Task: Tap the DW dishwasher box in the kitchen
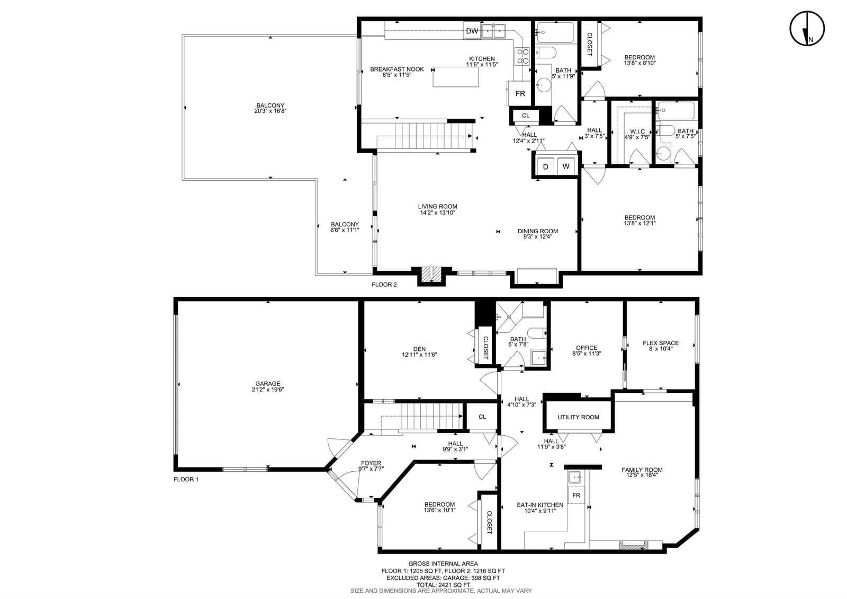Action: pos(472,31)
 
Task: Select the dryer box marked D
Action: pos(545,166)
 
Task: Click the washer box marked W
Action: pos(566,166)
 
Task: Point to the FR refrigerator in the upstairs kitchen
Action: pos(520,93)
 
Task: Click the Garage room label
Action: pos(268,384)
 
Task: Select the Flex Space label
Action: pos(661,343)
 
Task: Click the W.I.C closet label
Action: pos(637,132)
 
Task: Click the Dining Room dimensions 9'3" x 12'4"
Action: pos(538,236)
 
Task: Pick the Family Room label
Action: pos(642,470)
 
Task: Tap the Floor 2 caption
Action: pos(384,285)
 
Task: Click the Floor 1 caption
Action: pos(186,479)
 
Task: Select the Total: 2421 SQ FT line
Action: pos(443,585)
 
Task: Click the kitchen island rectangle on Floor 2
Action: pos(456,77)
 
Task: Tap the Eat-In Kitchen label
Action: pos(540,505)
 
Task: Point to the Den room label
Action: pos(419,349)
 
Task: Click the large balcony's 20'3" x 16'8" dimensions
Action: pos(271,111)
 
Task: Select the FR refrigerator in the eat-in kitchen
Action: pos(576,495)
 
